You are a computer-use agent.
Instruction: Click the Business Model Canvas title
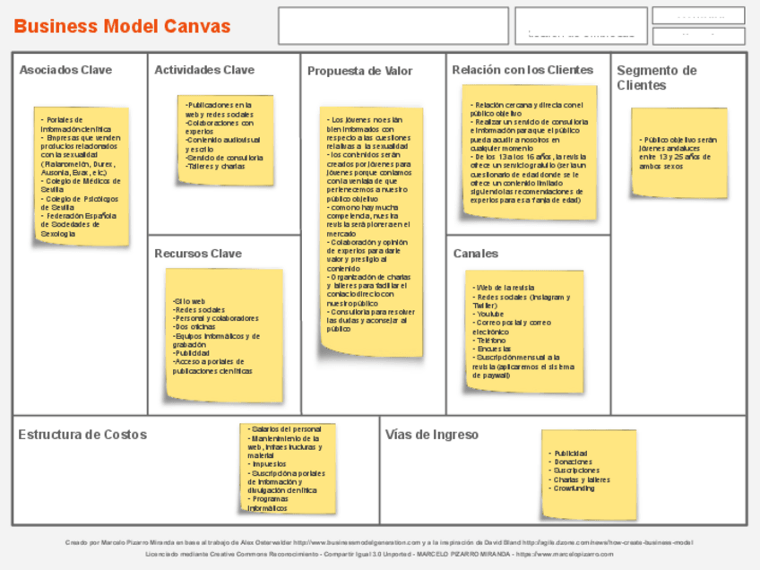122,26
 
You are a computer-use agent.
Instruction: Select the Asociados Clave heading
65,70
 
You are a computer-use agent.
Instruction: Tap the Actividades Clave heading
204,70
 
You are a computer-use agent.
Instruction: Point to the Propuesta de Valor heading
359,71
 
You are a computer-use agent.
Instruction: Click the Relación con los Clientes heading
522,70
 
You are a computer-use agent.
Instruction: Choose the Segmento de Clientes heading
656,78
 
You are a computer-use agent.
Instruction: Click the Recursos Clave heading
198,254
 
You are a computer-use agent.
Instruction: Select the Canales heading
475,254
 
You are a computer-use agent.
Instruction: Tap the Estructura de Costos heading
82,435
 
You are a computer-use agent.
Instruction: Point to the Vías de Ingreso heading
432,435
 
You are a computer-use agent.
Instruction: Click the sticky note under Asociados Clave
82,177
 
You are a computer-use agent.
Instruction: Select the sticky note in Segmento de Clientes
678,152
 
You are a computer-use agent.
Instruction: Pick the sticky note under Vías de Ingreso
588,473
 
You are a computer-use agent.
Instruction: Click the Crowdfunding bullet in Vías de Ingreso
574,488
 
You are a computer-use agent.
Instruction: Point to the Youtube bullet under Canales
490,314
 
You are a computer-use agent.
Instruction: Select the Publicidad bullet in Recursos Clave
192,353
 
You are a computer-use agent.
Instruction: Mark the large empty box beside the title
393,26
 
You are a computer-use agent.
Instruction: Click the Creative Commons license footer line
379,554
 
